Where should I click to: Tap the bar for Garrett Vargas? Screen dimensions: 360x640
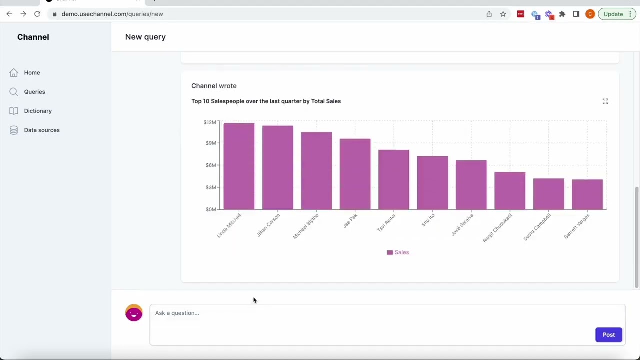[587, 194]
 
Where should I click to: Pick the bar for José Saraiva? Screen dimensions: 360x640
[471, 185]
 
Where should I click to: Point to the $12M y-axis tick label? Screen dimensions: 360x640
[210, 122]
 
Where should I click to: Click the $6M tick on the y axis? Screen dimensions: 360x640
[210, 165]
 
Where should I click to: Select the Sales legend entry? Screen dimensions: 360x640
[398, 252]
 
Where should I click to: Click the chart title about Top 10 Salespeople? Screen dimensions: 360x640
[266, 101]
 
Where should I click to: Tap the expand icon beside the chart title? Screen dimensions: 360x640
[605, 101]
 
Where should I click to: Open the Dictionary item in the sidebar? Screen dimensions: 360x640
[38, 111]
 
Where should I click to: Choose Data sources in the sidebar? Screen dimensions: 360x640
[42, 130]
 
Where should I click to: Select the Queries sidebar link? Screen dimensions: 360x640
[34, 92]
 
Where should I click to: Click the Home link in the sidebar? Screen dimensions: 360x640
[32, 73]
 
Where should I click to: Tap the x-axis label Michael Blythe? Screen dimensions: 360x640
[306, 226]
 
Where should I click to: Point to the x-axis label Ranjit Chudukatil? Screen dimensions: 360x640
[497, 228]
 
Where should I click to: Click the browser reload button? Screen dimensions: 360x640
[37, 14]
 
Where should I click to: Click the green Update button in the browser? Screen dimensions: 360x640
[613, 14]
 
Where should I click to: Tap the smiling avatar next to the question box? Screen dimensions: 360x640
[134, 313]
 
